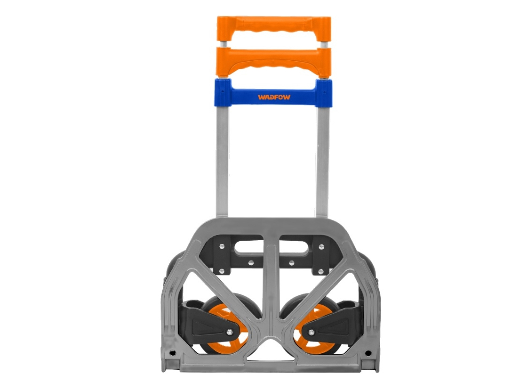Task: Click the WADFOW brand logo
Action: coord(273,97)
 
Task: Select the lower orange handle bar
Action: coord(273,59)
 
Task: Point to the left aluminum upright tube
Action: coord(222,160)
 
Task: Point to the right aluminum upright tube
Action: coord(323,160)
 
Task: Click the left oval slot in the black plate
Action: coord(249,246)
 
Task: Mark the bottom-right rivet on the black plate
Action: coord(321,272)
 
